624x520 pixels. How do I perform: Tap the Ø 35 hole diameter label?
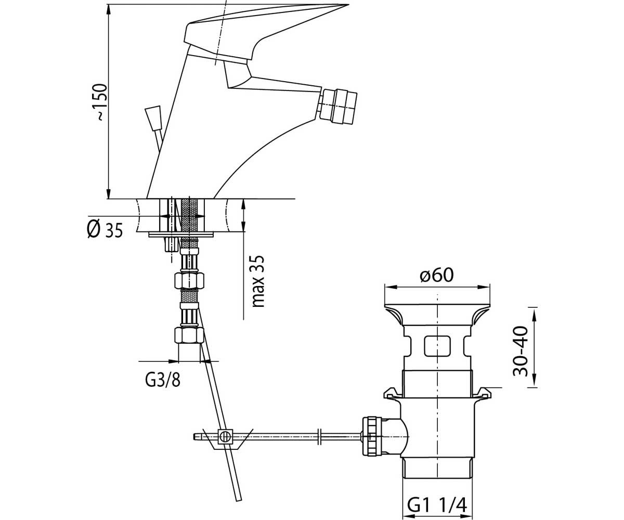[x=105, y=229]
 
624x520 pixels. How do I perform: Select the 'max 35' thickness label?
[x=257, y=281]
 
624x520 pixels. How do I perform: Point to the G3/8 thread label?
[x=163, y=381]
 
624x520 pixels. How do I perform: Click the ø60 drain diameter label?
[x=437, y=275]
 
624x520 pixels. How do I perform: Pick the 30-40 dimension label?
[x=521, y=351]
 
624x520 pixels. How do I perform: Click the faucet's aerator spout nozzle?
[x=339, y=106]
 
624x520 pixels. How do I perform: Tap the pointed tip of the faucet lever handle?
[x=348, y=5]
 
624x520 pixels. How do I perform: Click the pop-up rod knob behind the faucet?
[x=153, y=119]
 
